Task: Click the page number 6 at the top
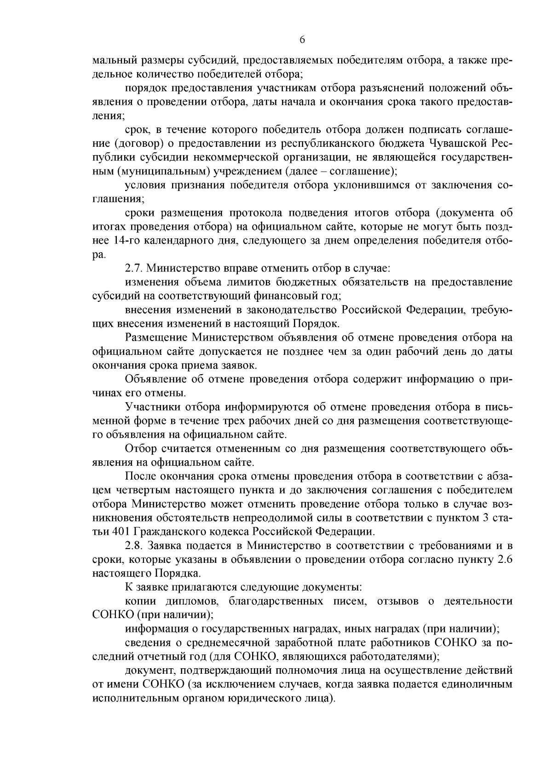[x=302, y=40]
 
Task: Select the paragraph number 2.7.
[x=133, y=268]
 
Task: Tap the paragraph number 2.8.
[x=133, y=546]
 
